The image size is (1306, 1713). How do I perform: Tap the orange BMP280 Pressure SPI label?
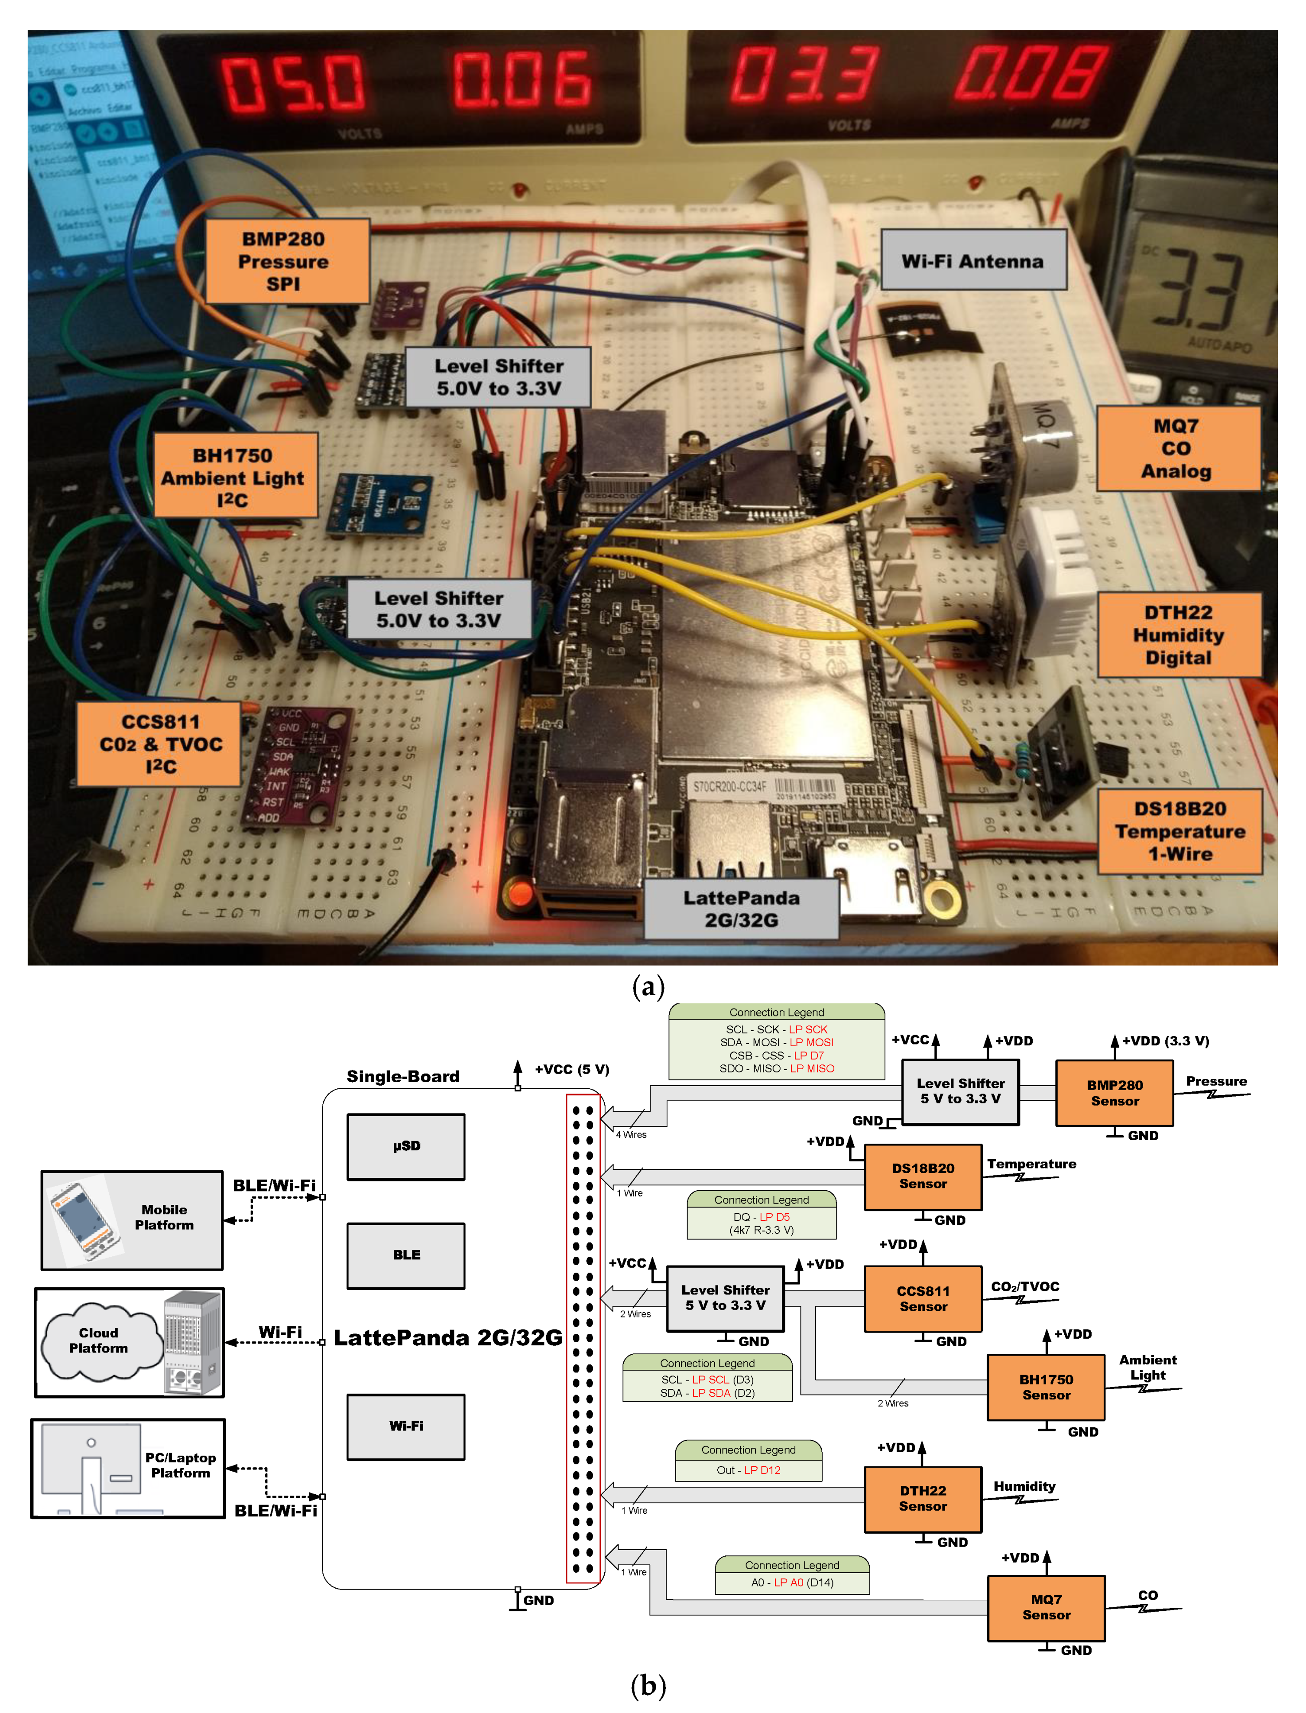pyautogui.click(x=286, y=261)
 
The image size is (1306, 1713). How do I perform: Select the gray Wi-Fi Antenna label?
pyautogui.click(x=972, y=261)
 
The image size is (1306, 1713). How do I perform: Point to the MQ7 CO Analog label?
pyautogui.click(x=1177, y=449)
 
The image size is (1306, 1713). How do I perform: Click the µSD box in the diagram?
pyautogui.click(x=406, y=1146)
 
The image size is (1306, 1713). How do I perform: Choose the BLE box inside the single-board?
pyautogui.click(x=406, y=1255)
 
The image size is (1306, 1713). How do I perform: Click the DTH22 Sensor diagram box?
pyautogui.click(x=923, y=1499)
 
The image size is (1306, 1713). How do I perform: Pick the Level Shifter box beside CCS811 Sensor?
pyautogui.click(x=725, y=1298)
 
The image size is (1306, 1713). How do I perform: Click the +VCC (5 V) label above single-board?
pyautogui.click(x=571, y=1069)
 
